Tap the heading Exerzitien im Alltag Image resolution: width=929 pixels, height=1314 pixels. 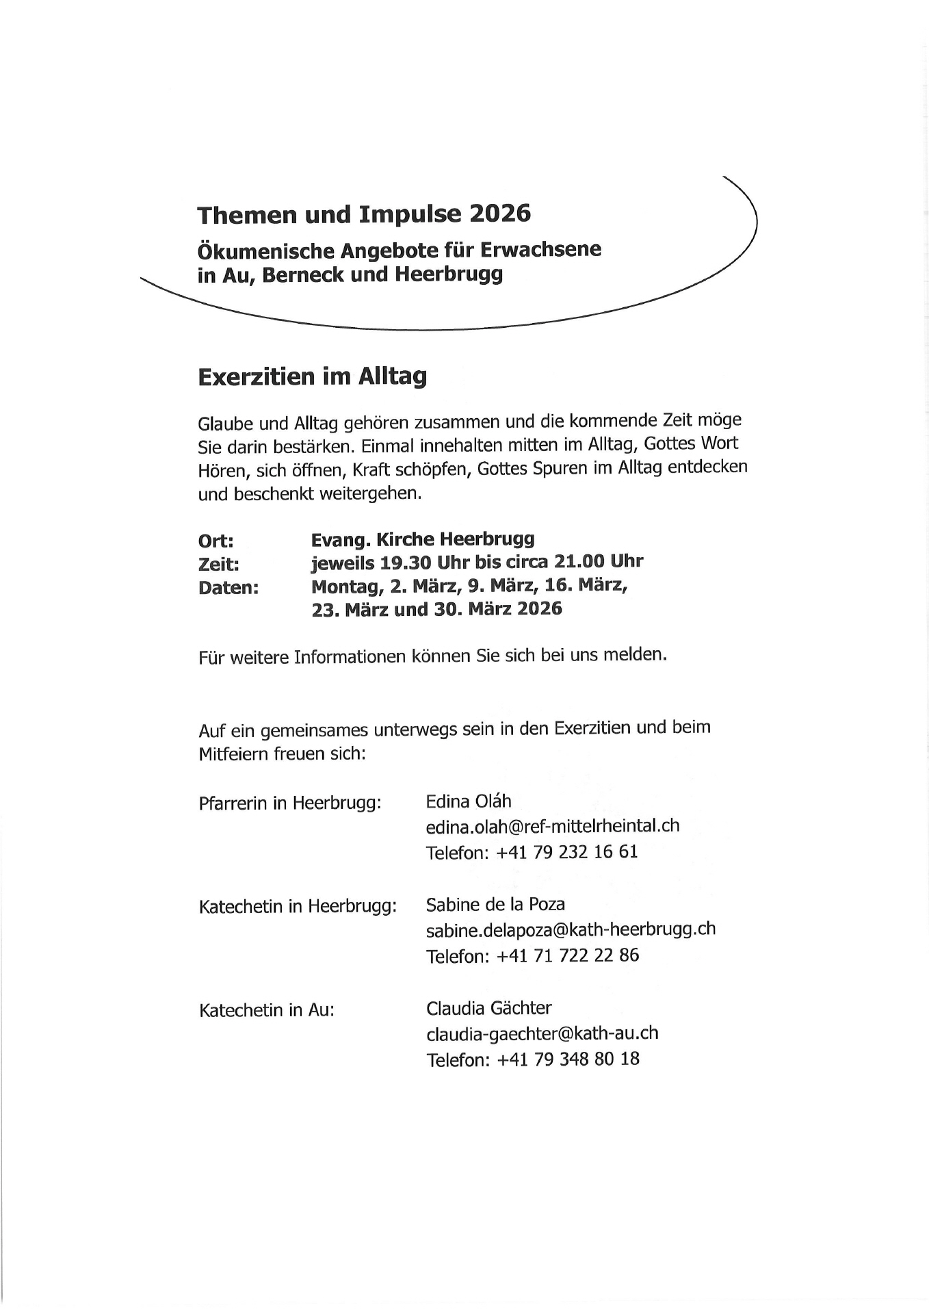pyautogui.click(x=312, y=376)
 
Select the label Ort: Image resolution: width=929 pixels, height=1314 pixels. pyautogui.click(x=216, y=541)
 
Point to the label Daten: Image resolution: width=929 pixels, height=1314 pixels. pyautogui.click(x=228, y=588)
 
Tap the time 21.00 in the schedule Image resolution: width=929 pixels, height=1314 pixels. pyautogui.click(x=581, y=562)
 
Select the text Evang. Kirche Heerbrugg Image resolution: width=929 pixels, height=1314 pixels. pyautogui.click(x=423, y=539)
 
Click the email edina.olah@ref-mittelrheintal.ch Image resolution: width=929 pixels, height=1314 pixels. pyautogui.click(x=553, y=826)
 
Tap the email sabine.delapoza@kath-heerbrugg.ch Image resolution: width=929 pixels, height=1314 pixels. pyautogui.click(x=571, y=929)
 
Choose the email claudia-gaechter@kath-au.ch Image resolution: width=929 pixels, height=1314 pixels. pyautogui.click(x=542, y=1033)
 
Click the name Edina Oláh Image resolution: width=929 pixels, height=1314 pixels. pyautogui.click(x=469, y=801)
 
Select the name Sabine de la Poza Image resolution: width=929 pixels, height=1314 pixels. pyautogui.click(x=495, y=905)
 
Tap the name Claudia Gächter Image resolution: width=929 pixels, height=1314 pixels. pyautogui.click(x=488, y=1008)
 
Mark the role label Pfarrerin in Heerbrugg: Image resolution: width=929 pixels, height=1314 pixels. pyautogui.click(x=290, y=803)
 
